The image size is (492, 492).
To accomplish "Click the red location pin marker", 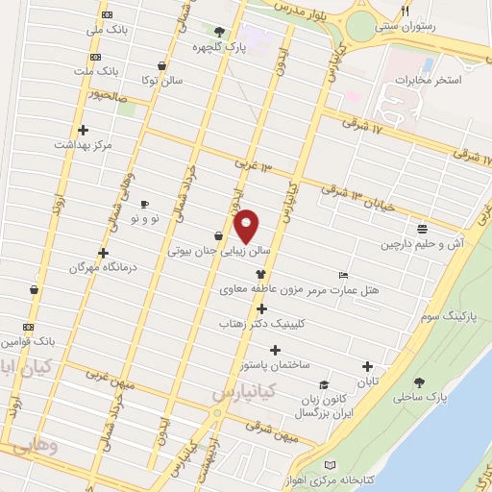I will (x=247, y=225).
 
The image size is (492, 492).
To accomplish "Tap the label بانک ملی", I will (x=108, y=30).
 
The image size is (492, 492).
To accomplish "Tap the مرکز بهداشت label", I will (x=84, y=144).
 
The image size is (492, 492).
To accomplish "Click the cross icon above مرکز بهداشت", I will (x=84, y=130).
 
